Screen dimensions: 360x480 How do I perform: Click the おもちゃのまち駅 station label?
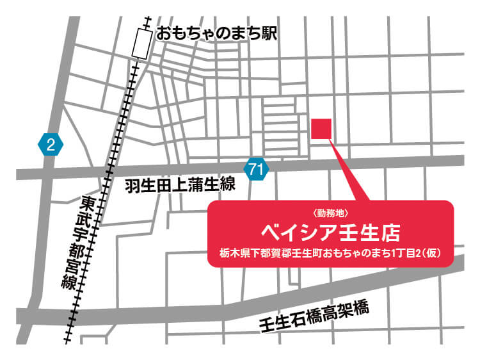pos(217,33)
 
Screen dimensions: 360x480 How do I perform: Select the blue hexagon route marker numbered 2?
pos(51,144)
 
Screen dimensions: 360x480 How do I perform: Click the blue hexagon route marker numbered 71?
pos(256,170)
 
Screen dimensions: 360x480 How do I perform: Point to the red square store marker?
pos(321,129)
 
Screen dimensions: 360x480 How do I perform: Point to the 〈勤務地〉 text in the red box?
pos(332,213)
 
